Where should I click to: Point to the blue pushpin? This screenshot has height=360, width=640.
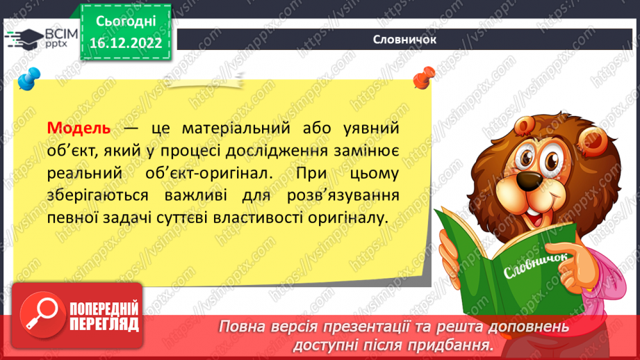(28, 79)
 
